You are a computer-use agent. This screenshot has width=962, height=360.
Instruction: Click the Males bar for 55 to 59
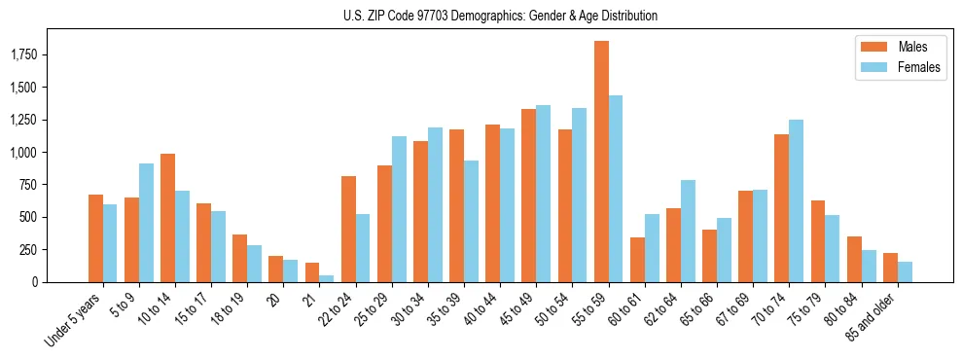click(x=601, y=162)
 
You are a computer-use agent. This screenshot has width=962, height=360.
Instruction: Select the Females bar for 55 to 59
click(x=616, y=189)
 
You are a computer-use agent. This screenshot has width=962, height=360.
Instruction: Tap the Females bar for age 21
click(x=327, y=278)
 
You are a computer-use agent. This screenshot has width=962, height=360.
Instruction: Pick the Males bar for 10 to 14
click(x=167, y=218)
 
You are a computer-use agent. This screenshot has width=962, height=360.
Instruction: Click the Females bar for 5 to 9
click(x=146, y=223)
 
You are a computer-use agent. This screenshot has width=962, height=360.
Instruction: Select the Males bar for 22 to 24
click(x=348, y=229)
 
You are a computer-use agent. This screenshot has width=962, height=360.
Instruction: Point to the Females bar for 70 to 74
click(x=797, y=200)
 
